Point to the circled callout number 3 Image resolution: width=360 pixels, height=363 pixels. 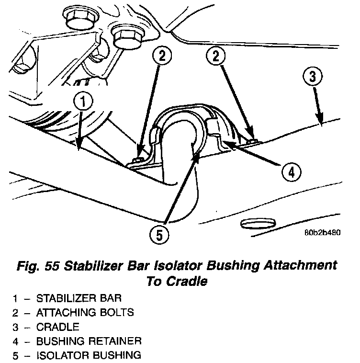pyautogui.click(x=312, y=76)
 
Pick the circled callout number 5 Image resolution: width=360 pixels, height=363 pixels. pyautogui.click(x=158, y=234)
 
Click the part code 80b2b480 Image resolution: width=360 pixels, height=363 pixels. pyautogui.click(x=322, y=234)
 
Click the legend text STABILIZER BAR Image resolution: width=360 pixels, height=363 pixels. pyautogui.click(x=79, y=298)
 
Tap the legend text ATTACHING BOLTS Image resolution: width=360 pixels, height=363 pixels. pyautogui.click(x=85, y=313)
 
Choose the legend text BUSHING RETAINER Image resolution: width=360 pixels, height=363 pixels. pyautogui.click(x=89, y=341)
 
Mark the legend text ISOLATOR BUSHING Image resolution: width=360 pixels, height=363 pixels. pyautogui.click(x=89, y=355)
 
